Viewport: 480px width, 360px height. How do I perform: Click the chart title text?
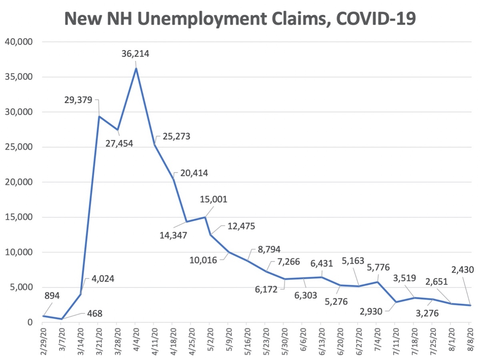pyautogui.click(x=240, y=18)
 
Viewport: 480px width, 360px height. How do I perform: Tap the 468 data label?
pyautogui.click(x=95, y=313)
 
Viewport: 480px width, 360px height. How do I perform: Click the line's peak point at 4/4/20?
pyautogui.click(x=136, y=68)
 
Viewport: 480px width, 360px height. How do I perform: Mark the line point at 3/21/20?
pyautogui.click(x=98, y=116)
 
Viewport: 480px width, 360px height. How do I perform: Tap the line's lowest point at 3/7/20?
pyautogui.click(x=61, y=319)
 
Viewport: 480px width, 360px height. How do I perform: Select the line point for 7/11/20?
pyautogui.click(x=395, y=302)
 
